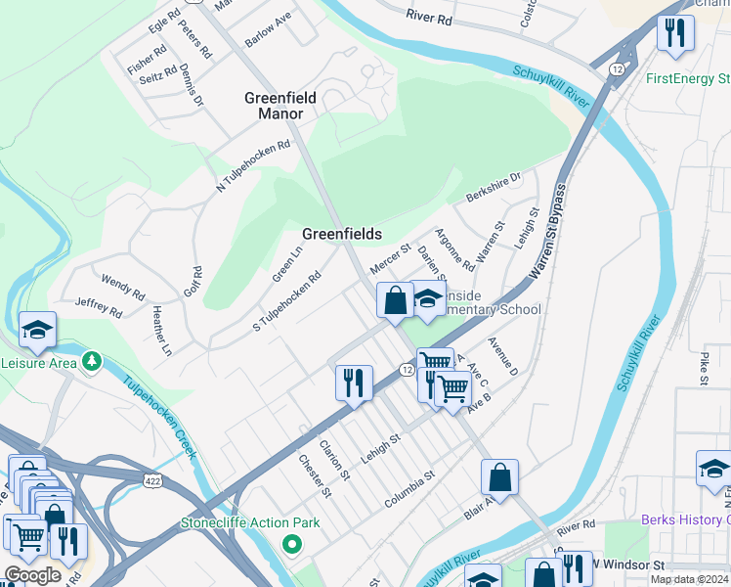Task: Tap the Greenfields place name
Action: (341, 234)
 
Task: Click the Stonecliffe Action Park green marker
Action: (290, 543)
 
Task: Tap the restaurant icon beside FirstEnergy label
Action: (674, 33)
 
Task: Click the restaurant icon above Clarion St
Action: (354, 383)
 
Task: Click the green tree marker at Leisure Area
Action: (92, 362)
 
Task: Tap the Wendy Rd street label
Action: (122, 287)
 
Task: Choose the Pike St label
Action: (704, 364)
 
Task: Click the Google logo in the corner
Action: (32, 575)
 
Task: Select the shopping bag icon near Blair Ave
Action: (499, 477)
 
